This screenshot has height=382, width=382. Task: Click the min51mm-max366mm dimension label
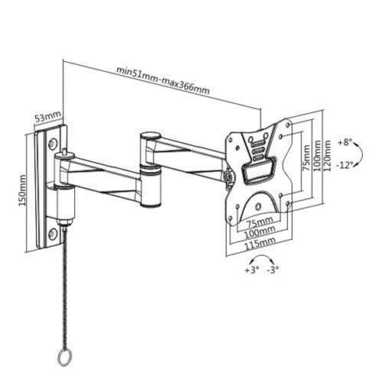click(x=162, y=80)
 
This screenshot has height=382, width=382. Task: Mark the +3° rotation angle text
click(x=251, y=270)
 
